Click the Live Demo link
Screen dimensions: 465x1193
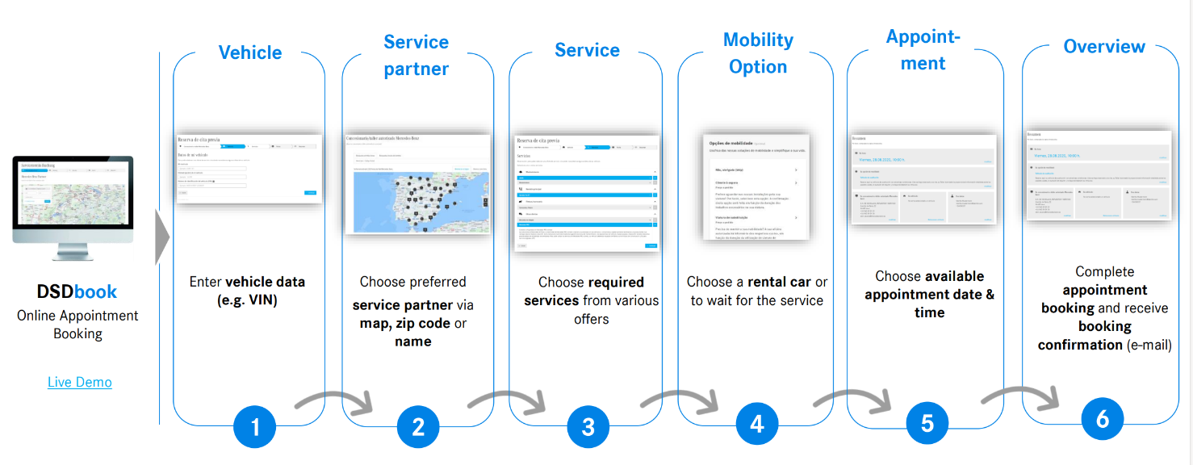click(x=79, y=382)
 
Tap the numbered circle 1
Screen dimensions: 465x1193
click(x=255, y=425)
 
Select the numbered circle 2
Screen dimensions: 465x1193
click(x=418, y=426)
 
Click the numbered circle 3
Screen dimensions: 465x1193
click(x=588, y=426)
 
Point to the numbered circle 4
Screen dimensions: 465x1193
click(x=757, y=424)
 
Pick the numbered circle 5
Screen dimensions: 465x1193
click(x=927, y=424)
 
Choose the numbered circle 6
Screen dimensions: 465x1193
click(x=1102, y=419)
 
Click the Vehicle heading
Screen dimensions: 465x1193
click(x=250, y=52)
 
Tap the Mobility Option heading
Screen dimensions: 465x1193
click(x=758, y=53)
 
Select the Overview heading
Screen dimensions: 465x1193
click(x=1104, y=47)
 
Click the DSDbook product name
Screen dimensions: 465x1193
click(x=77, y=291)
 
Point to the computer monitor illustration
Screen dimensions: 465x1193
click(x=73, y=202)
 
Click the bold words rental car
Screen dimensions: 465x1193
click(x=779, y=282)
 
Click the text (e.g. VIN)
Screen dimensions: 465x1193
click(x=247, y=300)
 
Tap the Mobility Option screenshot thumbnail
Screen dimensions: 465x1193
click(x=756, y=187)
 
